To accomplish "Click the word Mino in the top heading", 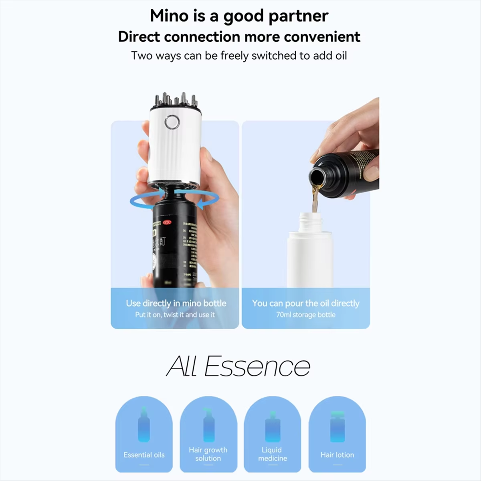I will pos(169,16).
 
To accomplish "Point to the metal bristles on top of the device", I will pos(176,101).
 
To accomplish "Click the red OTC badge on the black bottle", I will pos(167,222).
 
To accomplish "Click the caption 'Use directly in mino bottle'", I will pos(176,303).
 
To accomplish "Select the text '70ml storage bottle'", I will pos(305,315).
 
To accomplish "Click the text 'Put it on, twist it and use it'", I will pos(175,315).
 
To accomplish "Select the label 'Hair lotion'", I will pos(337,455).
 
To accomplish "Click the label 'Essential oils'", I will pos(144,455).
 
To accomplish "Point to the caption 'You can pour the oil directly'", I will pos(305,303).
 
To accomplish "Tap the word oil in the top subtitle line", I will pos(341,55).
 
